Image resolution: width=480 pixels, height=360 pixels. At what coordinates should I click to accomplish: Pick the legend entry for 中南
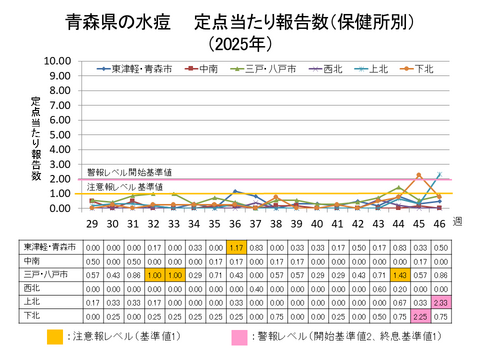[x=199, y=69]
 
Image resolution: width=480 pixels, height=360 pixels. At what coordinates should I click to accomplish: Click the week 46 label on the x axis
[x=438, y=226]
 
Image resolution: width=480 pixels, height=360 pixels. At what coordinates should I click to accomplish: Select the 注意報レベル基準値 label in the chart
[x=125, y=187]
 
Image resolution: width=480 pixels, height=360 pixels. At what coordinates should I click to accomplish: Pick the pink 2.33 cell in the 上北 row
[x=440, y=300]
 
